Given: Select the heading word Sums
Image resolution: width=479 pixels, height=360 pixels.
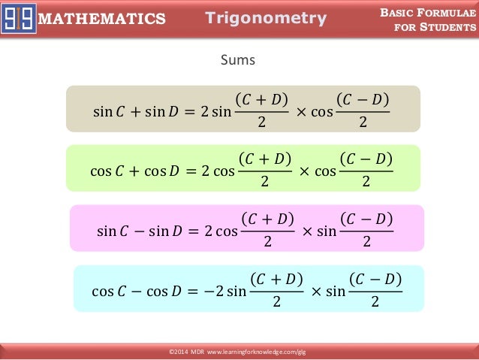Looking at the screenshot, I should [237, 59].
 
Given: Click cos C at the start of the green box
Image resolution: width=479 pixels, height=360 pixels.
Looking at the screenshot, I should [106, 170].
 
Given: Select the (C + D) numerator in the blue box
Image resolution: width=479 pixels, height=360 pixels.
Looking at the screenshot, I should [276, 279].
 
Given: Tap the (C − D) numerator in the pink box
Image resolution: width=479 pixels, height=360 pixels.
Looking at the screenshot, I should [366, 219].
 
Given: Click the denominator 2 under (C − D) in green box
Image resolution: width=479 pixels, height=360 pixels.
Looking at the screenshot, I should [366, 183].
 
